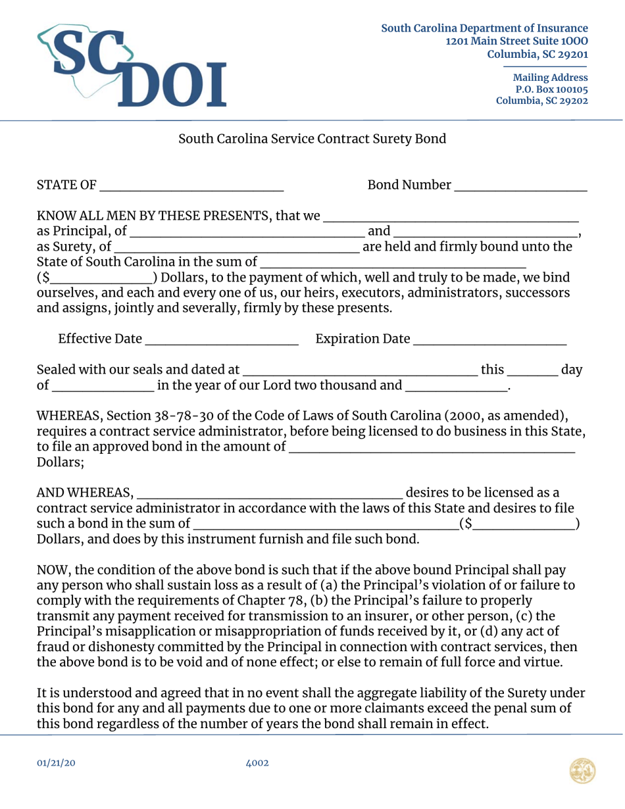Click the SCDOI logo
(x=132, y=66)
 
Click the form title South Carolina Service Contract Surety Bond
(x=312, y=139)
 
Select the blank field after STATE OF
(x=191, y=185)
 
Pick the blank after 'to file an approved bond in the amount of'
(x=432, y=448)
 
